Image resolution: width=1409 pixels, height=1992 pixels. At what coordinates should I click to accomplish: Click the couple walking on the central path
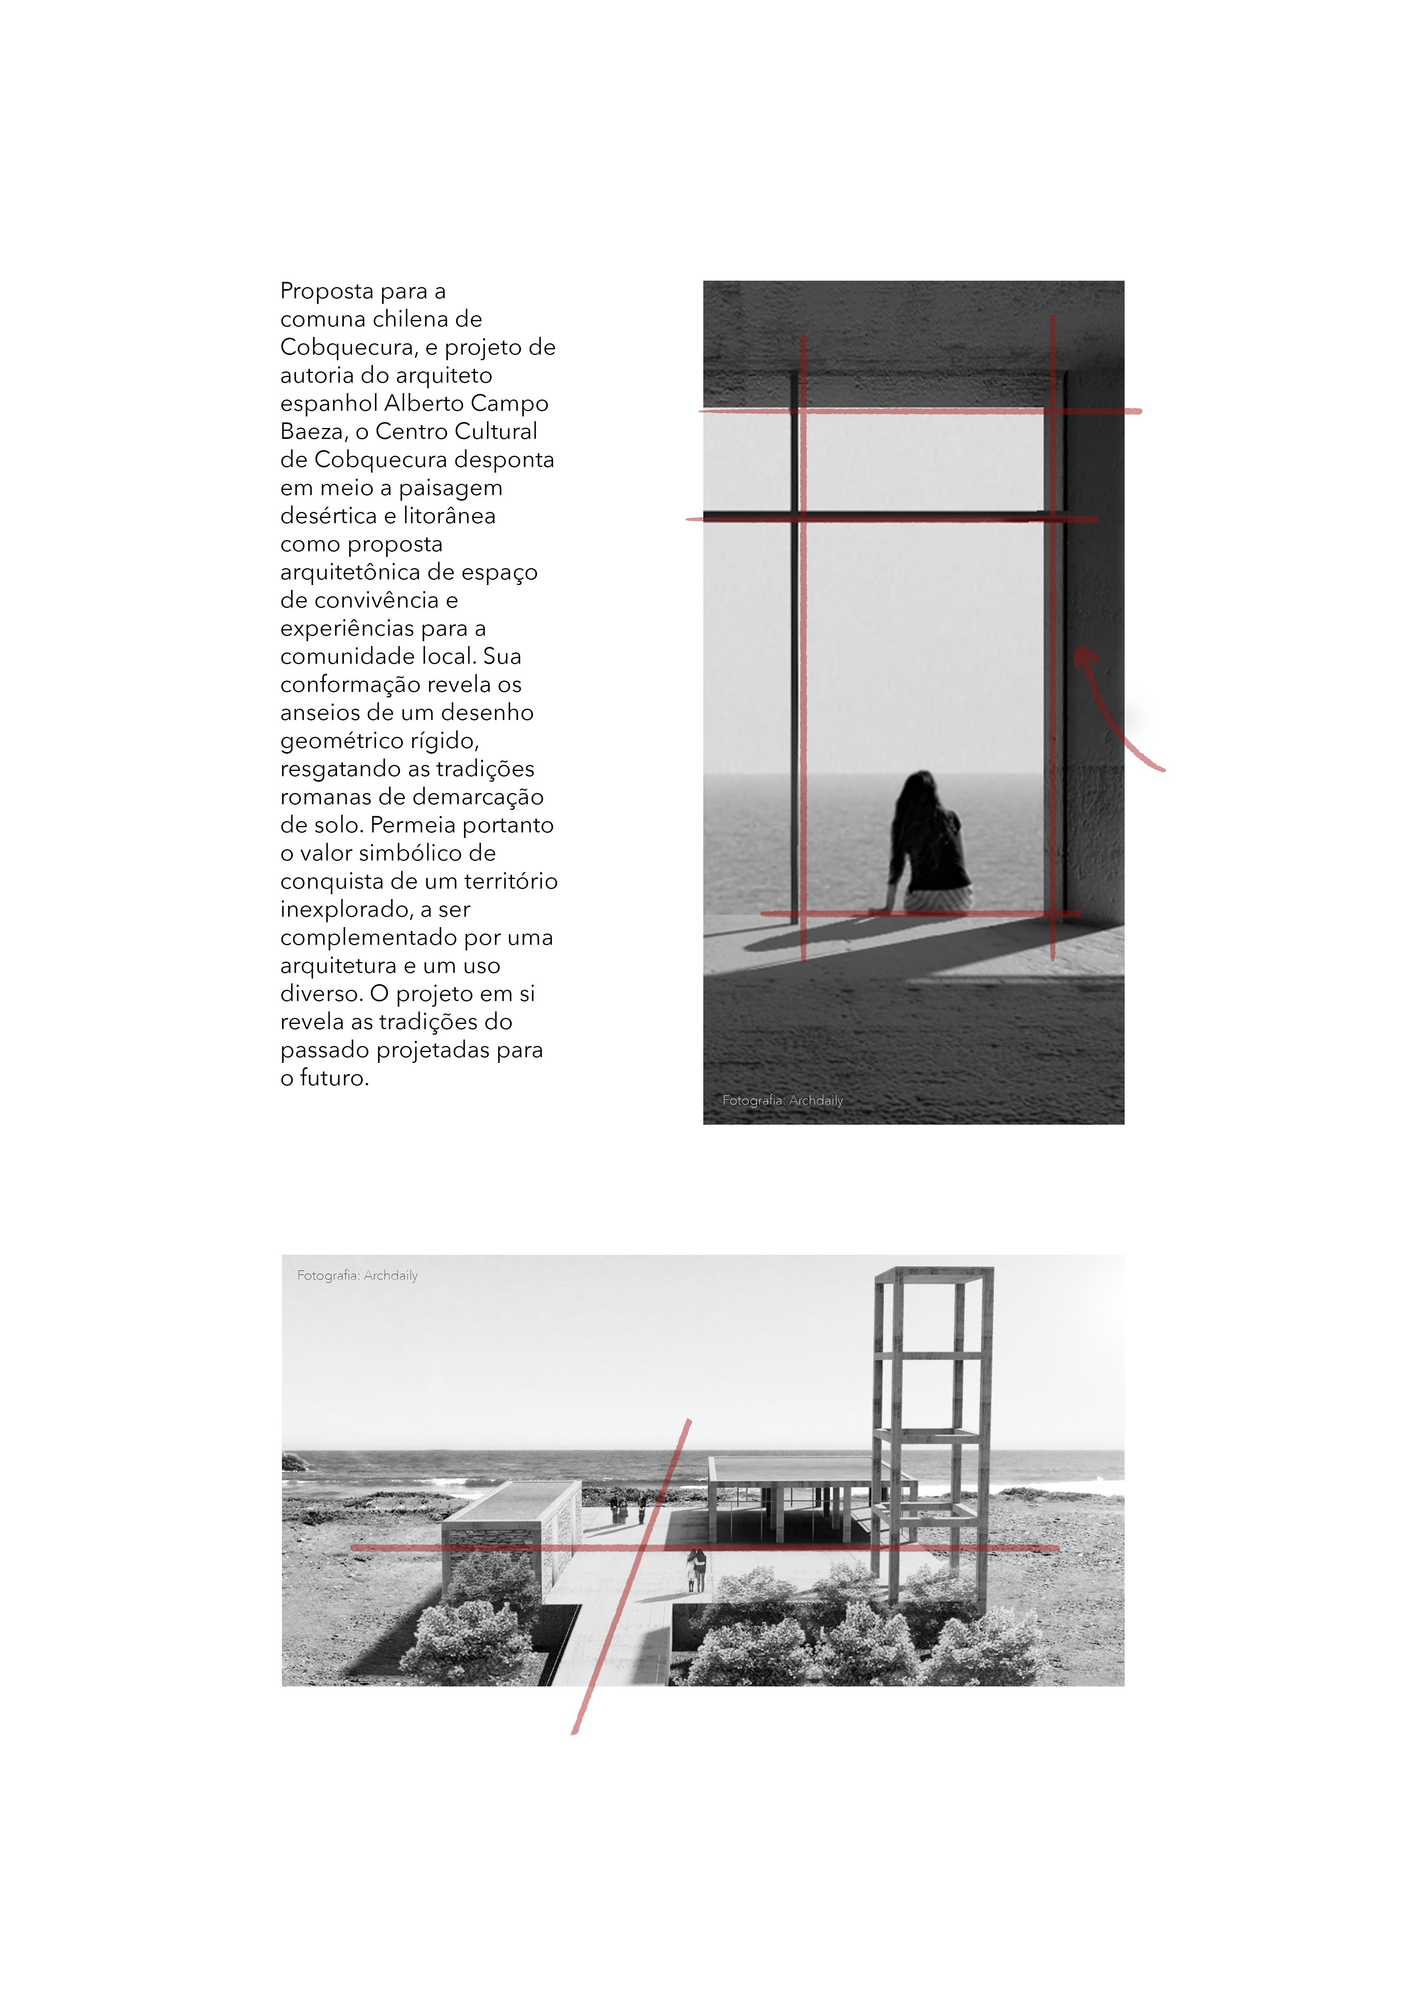(696, 1570)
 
